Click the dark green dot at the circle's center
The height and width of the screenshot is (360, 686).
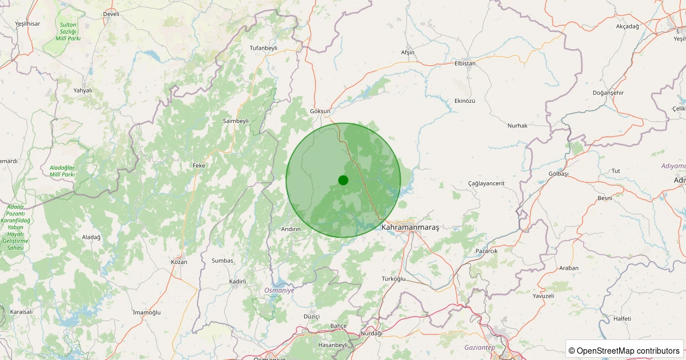(343, 180)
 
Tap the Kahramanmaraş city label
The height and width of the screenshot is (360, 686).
(410, 227)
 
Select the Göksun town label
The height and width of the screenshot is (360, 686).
(320, 111)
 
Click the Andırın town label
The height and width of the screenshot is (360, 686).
(291, 229)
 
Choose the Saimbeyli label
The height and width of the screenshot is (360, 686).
(236, 121)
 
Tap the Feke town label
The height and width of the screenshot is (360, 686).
(199, 165)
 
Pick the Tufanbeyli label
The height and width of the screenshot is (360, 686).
(264, 48)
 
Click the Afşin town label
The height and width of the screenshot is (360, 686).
(408, 53)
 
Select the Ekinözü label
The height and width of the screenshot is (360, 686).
(465, 101)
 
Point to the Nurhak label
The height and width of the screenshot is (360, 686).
(517, 126)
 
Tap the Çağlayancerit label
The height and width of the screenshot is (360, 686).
(486, 183)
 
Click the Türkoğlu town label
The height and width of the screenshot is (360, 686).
(393, 279)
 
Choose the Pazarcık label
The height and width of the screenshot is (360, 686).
(486, 251)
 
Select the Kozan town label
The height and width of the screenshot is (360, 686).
(179, 262)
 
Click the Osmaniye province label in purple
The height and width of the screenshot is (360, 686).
(280, 290)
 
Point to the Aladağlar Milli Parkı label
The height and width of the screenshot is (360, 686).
(62, 170)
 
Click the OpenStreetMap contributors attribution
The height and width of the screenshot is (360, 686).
(624, 350)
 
